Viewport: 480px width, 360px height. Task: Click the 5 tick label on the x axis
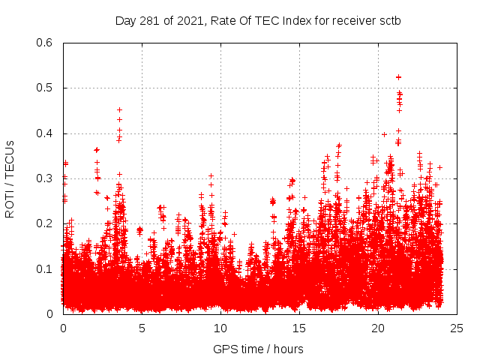click(x=142, y=328)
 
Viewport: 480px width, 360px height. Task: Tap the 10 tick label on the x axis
click(x=220, y=328)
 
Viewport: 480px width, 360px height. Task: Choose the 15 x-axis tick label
click(x=299, y=328)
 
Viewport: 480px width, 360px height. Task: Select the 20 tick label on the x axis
click(x=378, y=328)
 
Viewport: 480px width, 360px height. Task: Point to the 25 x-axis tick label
click(x=457, y=328)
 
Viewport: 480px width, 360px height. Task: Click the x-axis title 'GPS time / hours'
click(x=258, y=349)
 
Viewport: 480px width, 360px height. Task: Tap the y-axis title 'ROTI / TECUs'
click(x=10, y=178)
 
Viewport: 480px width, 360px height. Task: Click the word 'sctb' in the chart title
click(x=389, y=20)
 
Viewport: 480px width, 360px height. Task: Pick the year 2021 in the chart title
click(x=189, y=20)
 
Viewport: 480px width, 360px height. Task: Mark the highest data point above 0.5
click(x=399, y=76)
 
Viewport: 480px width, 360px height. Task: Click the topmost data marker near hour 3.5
click(x=119, y=110)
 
